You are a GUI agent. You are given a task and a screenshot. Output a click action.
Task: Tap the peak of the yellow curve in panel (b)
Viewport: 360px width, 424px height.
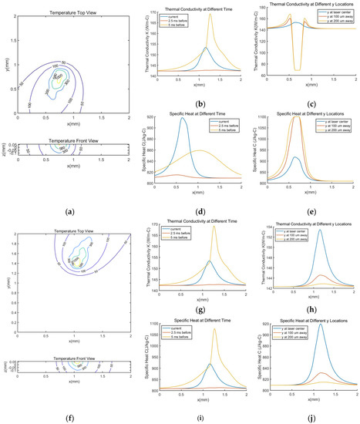tap(210, 13)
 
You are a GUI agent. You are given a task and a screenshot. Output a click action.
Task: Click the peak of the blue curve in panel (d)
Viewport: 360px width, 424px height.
tap(183, 117)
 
